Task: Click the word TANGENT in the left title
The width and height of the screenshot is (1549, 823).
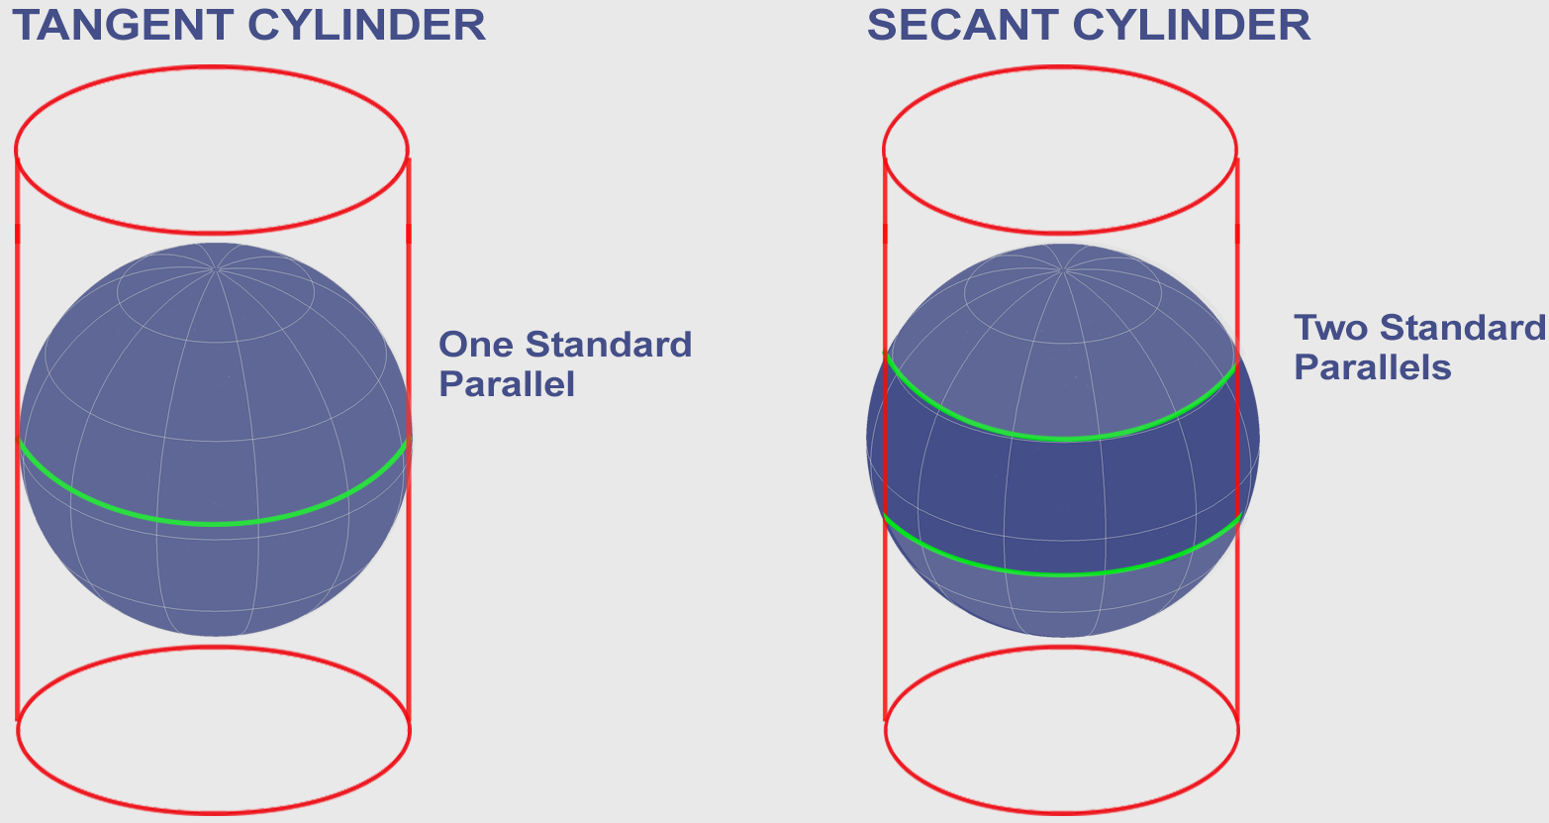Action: (x=123, y=26)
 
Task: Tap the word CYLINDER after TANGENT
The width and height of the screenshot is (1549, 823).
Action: (x=366, y=26)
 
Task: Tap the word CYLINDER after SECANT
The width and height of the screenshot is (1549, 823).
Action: (x=1192, y=26)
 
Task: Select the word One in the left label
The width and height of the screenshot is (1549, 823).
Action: (x=475, y=344)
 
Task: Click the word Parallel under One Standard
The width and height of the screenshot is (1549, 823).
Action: (x=507, y=383)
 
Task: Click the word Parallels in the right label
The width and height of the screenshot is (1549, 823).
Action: (x=1373, y=366)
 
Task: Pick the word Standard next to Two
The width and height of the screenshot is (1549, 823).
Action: (x=1463, y=328)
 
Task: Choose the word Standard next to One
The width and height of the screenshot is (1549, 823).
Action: (x=609, y=344)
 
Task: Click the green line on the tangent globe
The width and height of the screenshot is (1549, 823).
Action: (x=215, y=524)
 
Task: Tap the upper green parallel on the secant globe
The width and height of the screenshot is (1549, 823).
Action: (x=1063, y=439)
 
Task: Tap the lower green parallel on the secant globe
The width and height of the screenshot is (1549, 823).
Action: (x=1063, y=573)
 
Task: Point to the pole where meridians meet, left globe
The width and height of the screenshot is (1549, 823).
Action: (x=217, y=269)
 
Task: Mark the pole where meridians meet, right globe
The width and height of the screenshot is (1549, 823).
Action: (x=1064, y=269)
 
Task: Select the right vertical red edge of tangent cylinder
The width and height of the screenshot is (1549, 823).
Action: (x=409, y=440)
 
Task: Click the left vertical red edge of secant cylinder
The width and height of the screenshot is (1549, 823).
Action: (x=885, y=440)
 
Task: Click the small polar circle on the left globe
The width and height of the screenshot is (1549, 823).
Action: (x=216, y=342)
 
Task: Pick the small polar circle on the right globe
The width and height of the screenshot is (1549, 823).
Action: (x=1063, y=342)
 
